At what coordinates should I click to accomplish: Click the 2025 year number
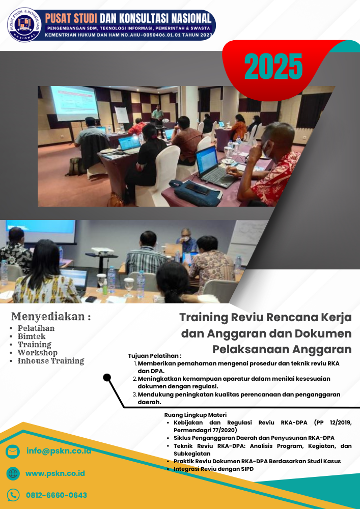[x=273, y=66]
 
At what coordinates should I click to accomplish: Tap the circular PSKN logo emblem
[x=24, y=24]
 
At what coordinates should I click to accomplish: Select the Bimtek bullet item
[x=32, y=336]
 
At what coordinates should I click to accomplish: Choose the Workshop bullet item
[x=37, y=353]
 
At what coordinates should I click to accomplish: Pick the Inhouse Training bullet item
[x=50, y=361]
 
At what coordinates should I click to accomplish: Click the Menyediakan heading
[x=51, y=317]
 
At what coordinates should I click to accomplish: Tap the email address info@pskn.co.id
[x=59, y=451]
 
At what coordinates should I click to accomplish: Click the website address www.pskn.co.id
[x=55, y=473]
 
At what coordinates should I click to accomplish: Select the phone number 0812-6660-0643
[x=56, y=495]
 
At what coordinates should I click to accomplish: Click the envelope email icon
[x=13, y=451]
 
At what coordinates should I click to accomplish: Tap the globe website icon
[x=13, y=474]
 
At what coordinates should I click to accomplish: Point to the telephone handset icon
[x=13, y=495]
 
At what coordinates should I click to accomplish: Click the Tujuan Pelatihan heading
[x=155, y=356]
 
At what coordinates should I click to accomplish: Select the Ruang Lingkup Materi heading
[x=196, y=415]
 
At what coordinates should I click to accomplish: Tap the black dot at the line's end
[x=107, y=377]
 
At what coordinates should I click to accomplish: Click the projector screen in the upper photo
[x=74, y=102]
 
